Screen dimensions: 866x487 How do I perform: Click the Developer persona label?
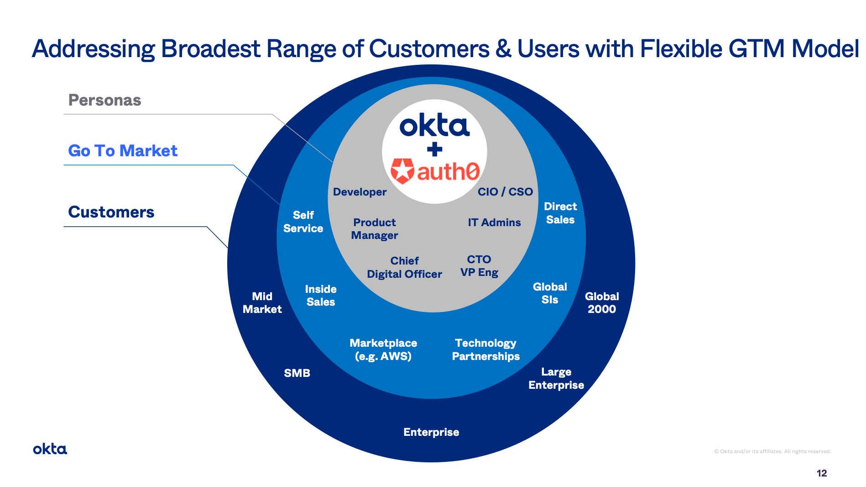(360, 192)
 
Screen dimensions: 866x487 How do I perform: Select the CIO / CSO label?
(505, 192)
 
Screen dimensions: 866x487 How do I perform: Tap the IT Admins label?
(494, 222)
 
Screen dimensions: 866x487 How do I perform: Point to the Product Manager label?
(375, 229)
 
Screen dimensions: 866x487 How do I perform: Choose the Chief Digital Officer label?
(404, 267)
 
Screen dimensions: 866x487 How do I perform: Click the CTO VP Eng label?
(479, 266)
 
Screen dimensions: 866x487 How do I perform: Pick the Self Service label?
(303, 222)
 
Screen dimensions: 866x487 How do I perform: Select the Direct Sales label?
(560, 213)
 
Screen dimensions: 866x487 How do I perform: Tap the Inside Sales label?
(321, 296)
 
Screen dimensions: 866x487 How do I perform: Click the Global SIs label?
(550, 293)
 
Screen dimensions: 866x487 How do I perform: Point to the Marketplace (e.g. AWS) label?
(383, 350)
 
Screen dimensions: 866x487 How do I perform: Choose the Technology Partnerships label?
(486, 350)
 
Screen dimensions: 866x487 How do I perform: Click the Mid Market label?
(262, 303)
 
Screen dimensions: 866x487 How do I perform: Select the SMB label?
(297, 373)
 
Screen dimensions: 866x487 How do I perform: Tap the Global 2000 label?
(602, 303)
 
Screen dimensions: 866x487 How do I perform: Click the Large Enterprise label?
(556, 379)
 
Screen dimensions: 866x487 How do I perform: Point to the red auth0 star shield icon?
(402, 171)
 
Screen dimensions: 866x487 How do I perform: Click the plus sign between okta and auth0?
(434, 149)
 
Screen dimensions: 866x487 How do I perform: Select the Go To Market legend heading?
(123, 151)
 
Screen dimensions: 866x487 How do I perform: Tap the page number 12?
(822, 473)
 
